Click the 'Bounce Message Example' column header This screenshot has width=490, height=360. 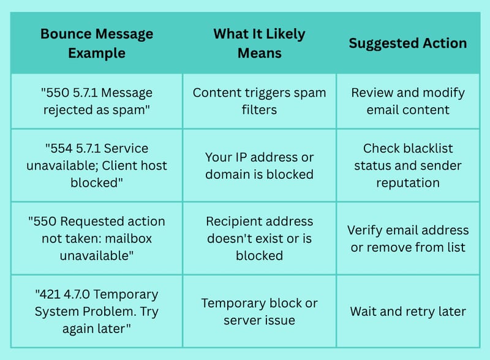click(97, 43)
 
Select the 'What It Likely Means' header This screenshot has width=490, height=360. click(259, 43)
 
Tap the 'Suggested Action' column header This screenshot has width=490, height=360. click(408, 43)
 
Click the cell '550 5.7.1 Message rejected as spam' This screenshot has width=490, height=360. click(97, 101)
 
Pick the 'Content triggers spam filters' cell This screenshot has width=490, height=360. click(259, 101)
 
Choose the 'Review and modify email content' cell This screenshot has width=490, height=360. click(408, 101)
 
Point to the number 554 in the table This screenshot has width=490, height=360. click(60, 148)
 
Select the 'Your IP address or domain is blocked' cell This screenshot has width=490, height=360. click(259, 166)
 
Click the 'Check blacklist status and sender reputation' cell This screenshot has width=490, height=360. click(408, 165)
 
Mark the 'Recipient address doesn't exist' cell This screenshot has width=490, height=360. click(259, 238)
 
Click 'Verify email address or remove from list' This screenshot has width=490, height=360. click(408, 238)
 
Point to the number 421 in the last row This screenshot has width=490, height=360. click(48, 294)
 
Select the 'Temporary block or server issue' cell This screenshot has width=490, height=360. click(259, 312)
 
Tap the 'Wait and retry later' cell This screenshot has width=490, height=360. click(408, 312)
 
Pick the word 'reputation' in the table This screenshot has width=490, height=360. click(408, 183)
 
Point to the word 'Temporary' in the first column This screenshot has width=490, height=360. click(126, 294)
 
